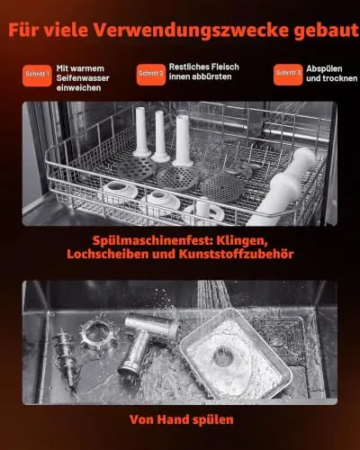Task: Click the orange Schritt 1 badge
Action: [37, 76]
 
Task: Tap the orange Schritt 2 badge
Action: [151, 75]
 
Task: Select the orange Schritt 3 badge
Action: [288, 75]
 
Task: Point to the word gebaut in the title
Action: [327, 30]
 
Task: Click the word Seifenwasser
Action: [83, 78]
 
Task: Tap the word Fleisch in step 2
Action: [225, 67]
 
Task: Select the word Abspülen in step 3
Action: [324, 68]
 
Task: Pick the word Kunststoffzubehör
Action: [237, 254]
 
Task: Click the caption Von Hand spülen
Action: [182, 419]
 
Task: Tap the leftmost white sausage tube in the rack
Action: [141, 132]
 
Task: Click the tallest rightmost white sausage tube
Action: [183, 140]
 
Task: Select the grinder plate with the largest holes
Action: [137, 169]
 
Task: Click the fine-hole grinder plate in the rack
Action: [222, 188]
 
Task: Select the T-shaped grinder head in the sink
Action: [147, 343]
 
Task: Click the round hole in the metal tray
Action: [223, 356]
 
